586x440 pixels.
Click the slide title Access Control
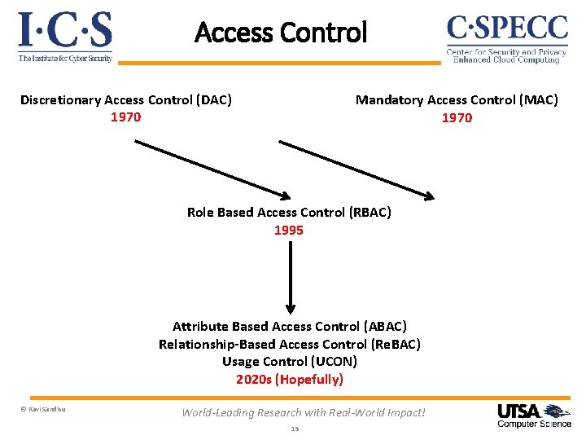click(281, 33)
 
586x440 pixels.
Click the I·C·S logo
click(65, 37)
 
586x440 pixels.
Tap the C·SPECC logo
click(506, 37)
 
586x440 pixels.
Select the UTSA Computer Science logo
click(534, 416)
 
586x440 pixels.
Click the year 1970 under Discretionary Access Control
click(126, 117)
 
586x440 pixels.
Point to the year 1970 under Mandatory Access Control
click(457, 118)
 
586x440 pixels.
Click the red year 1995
click(289, 231)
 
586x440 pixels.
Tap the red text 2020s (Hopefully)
click(290, 380)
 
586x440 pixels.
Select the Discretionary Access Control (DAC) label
click(126, 100)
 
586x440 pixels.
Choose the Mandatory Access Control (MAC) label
click(457, 100)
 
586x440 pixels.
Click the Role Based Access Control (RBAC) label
click(289, 213)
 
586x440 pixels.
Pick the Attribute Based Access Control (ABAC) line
click(290, 327)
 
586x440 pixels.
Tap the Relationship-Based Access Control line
click(290, 345)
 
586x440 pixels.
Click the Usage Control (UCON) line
click(290, 362)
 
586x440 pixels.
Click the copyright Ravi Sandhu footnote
click(42, 409)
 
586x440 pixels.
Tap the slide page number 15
click(295, 429)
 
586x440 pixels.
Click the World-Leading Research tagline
click(304, 412)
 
